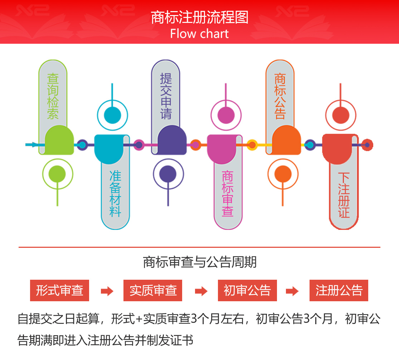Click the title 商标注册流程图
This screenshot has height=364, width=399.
200,17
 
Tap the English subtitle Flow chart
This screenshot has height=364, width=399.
199,34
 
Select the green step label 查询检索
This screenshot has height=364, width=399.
53,96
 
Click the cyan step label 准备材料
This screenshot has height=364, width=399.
115,194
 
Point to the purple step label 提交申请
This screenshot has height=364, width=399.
166,96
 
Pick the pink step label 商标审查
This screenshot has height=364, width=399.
228,194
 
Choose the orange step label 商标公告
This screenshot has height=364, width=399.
280,96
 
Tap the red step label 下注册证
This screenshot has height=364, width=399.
344,195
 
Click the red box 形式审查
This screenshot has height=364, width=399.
59,290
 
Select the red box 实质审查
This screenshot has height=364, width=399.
153,290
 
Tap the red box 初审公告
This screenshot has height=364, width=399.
247,290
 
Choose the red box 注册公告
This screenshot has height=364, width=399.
339,290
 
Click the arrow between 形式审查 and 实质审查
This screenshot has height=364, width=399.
107,291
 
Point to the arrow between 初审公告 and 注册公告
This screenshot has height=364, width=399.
292,291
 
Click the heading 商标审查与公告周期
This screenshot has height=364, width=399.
200,262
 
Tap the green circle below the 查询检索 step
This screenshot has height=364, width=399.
57,174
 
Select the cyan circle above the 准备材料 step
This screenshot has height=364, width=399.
112,115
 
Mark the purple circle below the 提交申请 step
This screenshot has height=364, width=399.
168,174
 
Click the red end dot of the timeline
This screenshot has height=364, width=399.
367,145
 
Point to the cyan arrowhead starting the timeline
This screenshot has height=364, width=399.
35,145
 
